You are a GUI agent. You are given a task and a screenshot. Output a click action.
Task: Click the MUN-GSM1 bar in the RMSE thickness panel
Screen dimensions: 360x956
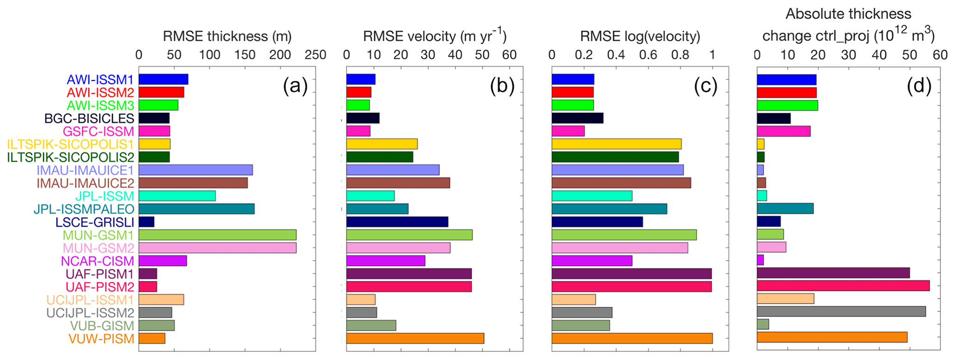[217, 235]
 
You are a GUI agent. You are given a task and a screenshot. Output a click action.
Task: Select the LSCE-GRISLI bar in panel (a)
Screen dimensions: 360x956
[147, 222]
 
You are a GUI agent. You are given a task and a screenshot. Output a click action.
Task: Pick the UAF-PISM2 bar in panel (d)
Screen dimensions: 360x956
[843, 286]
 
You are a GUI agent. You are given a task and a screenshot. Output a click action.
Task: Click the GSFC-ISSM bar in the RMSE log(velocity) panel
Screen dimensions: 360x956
[568, 131]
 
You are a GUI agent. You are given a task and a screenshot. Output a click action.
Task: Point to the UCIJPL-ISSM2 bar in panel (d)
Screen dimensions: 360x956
[841, 312]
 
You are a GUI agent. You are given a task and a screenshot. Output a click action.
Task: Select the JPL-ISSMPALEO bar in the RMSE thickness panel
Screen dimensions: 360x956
[197, 209]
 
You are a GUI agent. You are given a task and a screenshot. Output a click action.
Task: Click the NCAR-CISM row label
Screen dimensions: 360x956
[98, 261]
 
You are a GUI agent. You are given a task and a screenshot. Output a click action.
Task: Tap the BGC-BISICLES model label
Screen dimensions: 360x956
[89, 118]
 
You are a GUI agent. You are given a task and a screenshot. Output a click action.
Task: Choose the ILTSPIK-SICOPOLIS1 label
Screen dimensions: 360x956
[70, 144]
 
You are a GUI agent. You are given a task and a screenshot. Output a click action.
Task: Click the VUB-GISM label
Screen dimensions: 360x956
[102, 326]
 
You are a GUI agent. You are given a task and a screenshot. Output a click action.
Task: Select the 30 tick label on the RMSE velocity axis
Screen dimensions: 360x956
[428, 55]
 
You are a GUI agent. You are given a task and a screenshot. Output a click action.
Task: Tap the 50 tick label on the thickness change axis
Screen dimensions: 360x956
[909, 55]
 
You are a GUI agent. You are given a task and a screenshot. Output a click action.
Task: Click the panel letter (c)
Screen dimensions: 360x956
[705, 87]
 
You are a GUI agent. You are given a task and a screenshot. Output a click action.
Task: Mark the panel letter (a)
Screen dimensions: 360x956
[295, 87]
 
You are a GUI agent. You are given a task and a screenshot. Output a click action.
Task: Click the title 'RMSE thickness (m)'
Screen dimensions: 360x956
[227, 36]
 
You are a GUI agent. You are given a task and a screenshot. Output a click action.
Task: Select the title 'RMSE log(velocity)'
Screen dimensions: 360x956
[640, 36]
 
